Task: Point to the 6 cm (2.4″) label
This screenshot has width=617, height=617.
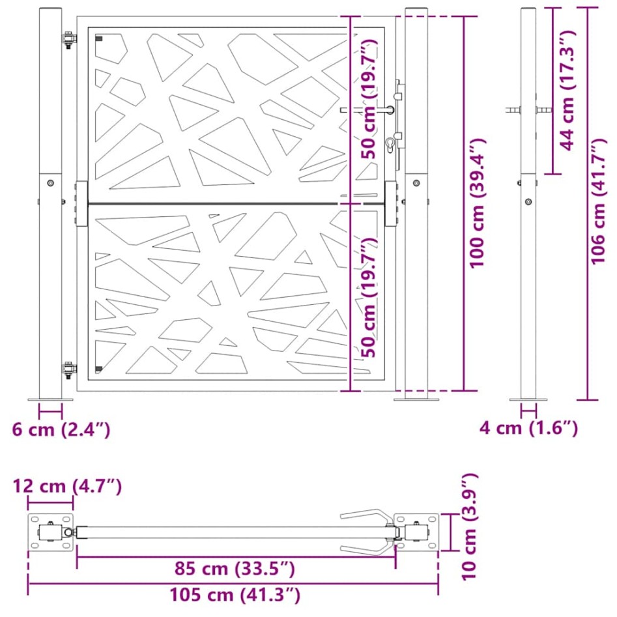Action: click(61, 429)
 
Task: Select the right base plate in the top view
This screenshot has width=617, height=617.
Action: click(418, 532)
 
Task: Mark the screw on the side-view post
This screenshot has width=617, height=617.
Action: click(528, 201)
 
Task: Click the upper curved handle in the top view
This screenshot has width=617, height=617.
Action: click(366, 514)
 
